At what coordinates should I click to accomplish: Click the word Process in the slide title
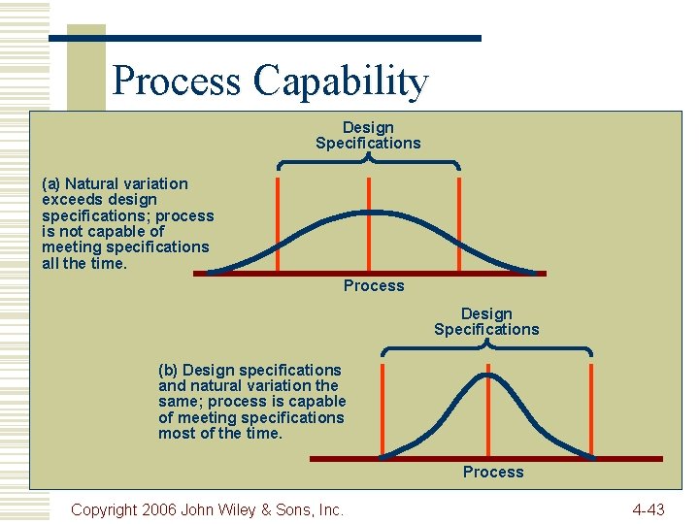(178, 82)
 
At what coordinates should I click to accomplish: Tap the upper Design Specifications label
(368, 135)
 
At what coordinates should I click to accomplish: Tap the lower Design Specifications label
(486, 321)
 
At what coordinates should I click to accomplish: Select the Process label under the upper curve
(374, 285)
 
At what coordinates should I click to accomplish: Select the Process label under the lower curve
(492, 472)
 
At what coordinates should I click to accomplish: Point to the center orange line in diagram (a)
(368, 238)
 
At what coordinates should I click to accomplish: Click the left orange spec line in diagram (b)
(383, 408)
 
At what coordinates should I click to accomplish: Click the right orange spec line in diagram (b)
(591, 408)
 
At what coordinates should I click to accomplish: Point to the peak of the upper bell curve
(368, 212)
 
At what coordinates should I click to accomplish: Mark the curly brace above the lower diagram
(486, 347)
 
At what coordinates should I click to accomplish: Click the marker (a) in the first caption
(51, 183)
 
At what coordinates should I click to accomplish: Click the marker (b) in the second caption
(168, 370)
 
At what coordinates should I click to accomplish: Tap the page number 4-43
(648, 508)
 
